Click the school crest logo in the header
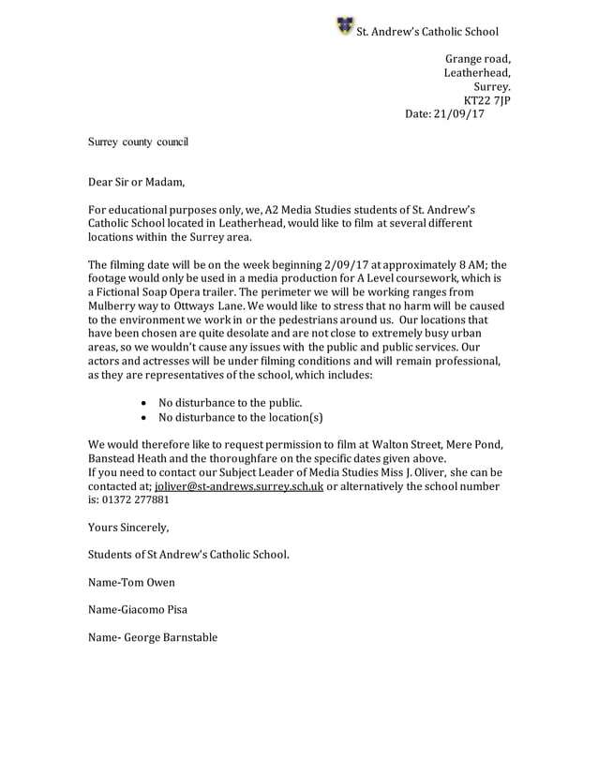pos(344,25)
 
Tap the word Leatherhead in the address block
pos(477,73)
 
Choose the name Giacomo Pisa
pos(155,609)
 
